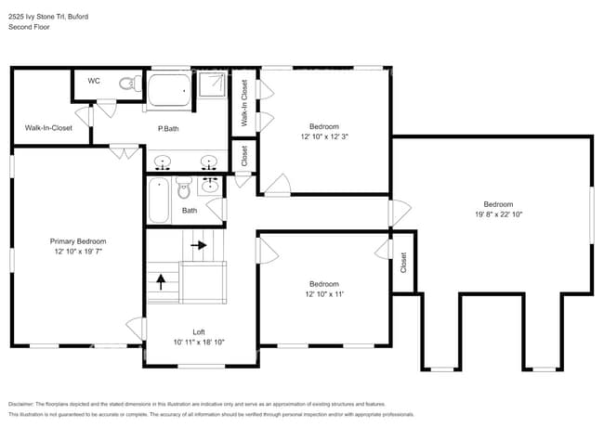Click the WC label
coord(94,82)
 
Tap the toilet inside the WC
coord(125,84)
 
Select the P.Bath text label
coord(168,128)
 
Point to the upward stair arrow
coord(160,281)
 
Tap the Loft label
coord(199,331)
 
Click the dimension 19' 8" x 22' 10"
coord(497,214)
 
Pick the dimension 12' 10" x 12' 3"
coord(324,136)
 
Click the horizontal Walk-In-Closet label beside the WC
coord(48,128)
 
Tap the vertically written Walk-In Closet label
coord(244,103)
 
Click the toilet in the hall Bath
coord(183,191)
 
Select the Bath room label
coord(190,211)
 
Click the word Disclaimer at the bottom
coord(20,405)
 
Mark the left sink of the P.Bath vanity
coord(164,164)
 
